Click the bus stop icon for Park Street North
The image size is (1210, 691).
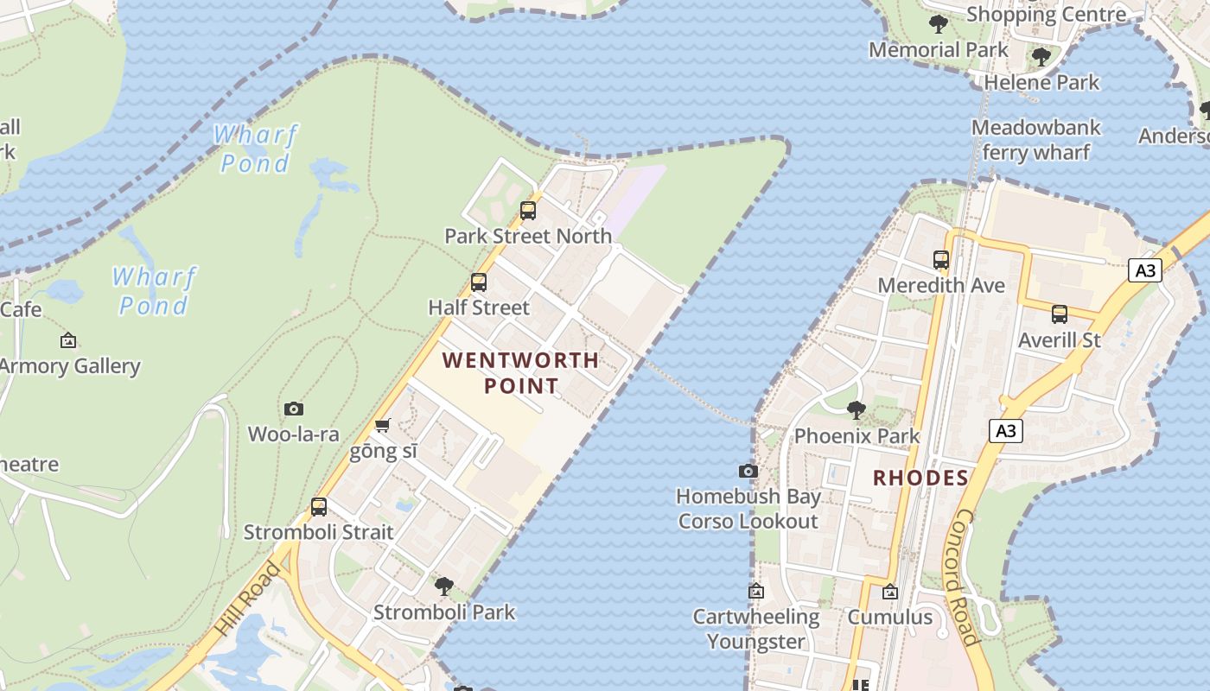tap(527, 210)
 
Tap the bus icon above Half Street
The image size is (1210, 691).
tap(478, 282)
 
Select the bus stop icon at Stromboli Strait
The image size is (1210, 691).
tap(319, 507)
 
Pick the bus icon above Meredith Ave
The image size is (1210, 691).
tap(941, 259)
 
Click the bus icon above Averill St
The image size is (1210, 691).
tap(1060, 314)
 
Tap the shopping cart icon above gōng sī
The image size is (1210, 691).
tap(383, 425)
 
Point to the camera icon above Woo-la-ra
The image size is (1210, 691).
tap(294, 409)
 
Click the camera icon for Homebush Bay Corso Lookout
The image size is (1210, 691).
tap(748, 471)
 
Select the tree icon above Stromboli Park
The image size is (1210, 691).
tap(444, 586)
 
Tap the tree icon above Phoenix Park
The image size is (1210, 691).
tap(857, 409)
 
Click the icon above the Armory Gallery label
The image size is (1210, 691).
tap(68, 340)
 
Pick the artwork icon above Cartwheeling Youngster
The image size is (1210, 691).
tap(756, 591)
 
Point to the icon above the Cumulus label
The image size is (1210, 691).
tap(889, 592)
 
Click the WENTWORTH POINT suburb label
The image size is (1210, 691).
tap(520, 372)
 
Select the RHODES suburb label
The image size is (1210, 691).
tap(920, 478)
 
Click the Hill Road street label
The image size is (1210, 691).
tap(248, 598)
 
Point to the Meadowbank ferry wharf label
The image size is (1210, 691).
tap(1035, 140)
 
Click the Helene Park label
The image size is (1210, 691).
tap(1041, 82)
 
